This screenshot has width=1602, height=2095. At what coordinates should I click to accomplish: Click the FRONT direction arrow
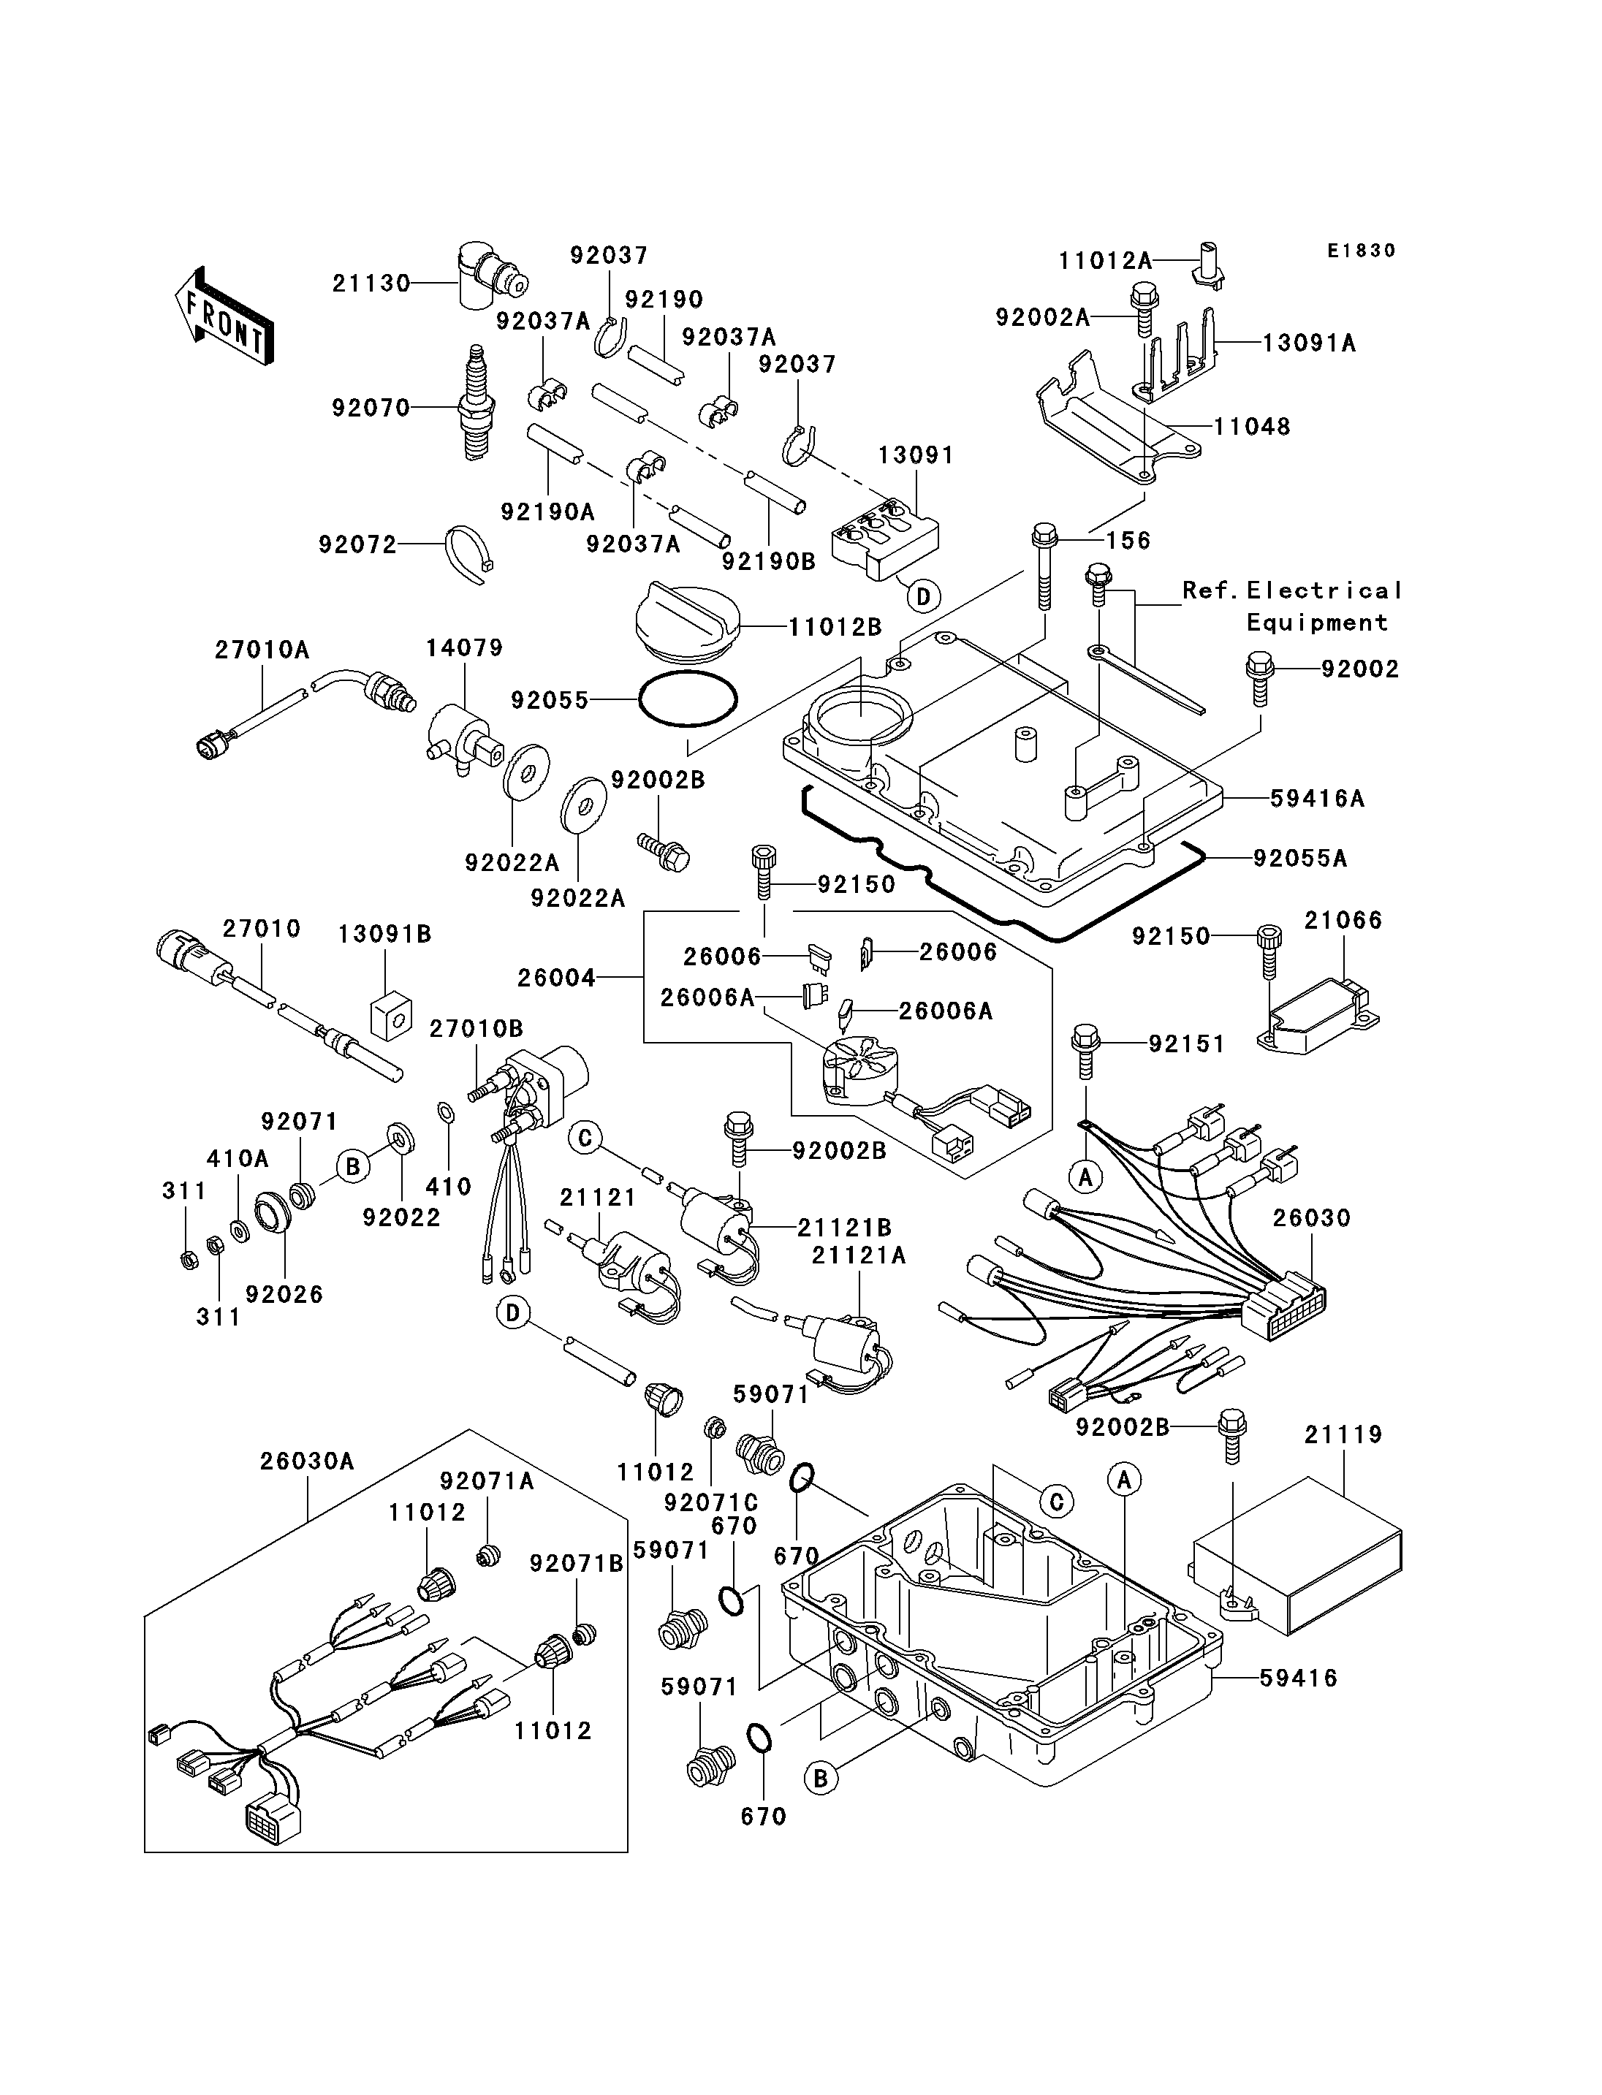pyautogui.click(x=225, y=316)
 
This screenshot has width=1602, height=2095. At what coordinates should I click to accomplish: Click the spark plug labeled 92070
pyautogui.click(x=476, y=403)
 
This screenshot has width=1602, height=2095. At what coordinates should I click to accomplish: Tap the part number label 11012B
pyautogui.click(x=835, y=628)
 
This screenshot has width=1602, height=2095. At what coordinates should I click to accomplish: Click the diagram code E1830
pyautogui.click(x=1361, y=251)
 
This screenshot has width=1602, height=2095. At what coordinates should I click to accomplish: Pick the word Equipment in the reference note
pyautogui.click(x=1318, y=623)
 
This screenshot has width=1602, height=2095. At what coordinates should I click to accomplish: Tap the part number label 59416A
pyautogui.click(x=1317, y=799)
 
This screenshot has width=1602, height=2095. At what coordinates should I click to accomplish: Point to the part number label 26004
pyautogui.click(x=556, y=978)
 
